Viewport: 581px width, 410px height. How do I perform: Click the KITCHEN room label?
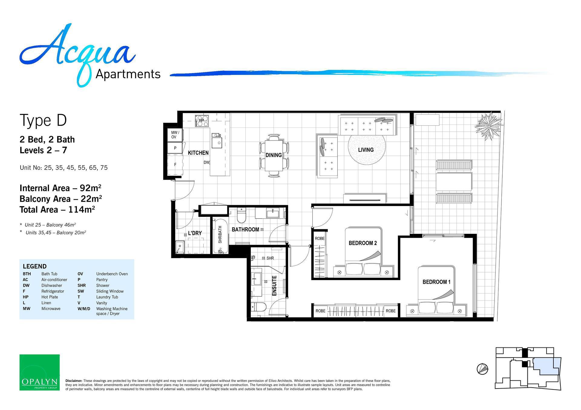tap(198, 153)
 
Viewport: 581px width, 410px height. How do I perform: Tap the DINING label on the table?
tap(274, 155)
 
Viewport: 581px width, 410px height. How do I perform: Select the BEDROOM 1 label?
tap(436, 282)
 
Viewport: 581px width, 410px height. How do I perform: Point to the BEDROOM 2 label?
tap(363, 243)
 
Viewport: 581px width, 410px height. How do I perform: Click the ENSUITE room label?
tap(274, 286)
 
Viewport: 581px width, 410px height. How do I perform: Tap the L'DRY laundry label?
tap(195, 233)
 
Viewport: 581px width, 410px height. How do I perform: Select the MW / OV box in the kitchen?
tap(175, 135)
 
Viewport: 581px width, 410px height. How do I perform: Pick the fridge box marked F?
tap(175, 165)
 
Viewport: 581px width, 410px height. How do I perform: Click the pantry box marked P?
tap(175, 148)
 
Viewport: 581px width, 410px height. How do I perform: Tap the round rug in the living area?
tap(367, 150)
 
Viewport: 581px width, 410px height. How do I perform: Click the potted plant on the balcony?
tap(488, 126)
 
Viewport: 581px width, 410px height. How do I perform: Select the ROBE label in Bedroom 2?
tap(320, 238)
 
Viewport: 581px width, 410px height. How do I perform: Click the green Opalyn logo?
tap(40, 372)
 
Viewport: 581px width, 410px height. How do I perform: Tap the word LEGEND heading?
tap(35, 266)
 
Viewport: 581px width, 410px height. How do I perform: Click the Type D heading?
tap(43, 120)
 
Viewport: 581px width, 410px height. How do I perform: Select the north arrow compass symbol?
tap(482, 369)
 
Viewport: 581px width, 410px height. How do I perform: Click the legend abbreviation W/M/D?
tap(84, 309)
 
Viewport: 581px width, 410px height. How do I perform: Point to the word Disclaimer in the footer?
tap(74, 381)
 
